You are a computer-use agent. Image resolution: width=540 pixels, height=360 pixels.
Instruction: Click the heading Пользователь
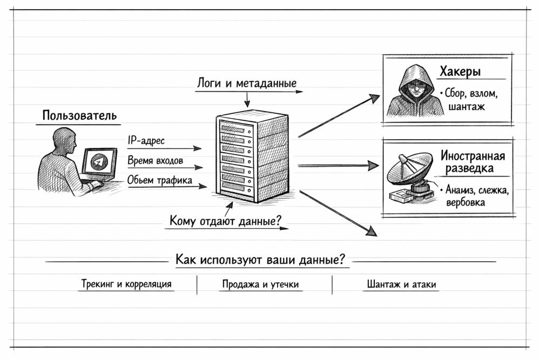coord(79,116)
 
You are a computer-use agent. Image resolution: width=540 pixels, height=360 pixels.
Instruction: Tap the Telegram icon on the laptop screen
coord(97,162)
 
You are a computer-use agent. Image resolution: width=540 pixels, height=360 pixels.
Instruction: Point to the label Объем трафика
coord(159,180)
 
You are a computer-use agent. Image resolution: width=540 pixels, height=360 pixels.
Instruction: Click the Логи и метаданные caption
coord(247,84)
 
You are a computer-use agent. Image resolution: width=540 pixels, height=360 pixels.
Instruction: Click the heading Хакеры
coord(460,72)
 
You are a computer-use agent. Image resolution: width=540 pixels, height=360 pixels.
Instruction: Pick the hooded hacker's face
coord(411,88)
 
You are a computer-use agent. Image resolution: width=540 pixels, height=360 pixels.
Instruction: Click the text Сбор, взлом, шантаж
coord(468,100)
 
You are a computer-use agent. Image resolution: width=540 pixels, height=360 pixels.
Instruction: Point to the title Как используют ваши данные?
coord(260,259)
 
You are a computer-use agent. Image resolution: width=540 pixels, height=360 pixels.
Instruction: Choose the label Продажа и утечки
coord(260,284)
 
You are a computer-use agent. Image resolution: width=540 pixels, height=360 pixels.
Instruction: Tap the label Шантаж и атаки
coord(400,284)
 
